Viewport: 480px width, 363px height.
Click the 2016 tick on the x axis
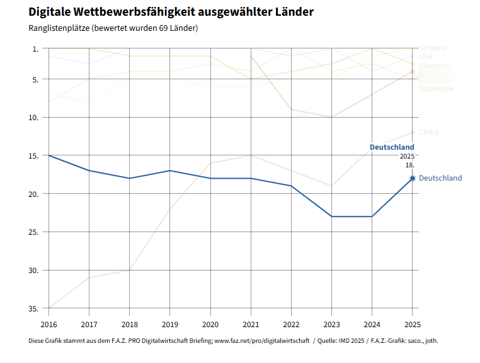coord(49,324)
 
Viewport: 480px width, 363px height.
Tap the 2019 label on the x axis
coord(169,324)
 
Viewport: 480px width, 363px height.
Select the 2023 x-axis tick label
coord(331,324)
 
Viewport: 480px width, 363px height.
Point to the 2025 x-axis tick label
coord(412,324)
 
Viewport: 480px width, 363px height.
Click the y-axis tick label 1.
coord(35,48)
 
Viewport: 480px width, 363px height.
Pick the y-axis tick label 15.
coord(34,155)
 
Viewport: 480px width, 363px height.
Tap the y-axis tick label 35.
coord(34,309)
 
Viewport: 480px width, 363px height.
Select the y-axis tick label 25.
coord(34,232)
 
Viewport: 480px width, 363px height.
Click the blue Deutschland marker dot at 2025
coord(412,178)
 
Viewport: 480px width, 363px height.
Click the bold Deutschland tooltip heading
coord(391,147)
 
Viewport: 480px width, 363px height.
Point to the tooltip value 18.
coord(409,165)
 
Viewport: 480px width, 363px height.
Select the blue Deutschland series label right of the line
coord(440,178)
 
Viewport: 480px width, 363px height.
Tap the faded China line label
coord(428,132)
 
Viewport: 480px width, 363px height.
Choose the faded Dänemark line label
coord(436,89)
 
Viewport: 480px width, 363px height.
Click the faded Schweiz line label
coord(433,48)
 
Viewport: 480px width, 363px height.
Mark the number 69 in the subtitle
coord(164,28)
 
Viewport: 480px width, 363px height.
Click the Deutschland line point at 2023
coord(331,216)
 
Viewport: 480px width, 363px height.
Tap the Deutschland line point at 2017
coord(89,170)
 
